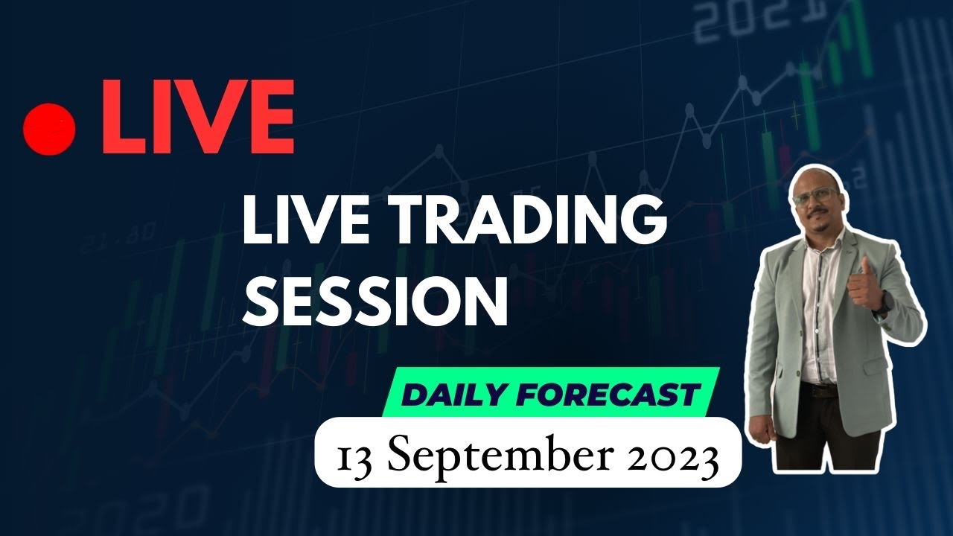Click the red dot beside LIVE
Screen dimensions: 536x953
(x=50, y=127)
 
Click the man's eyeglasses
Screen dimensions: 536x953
(x=817, y=193)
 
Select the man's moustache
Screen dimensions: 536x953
(x=819, y=217)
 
